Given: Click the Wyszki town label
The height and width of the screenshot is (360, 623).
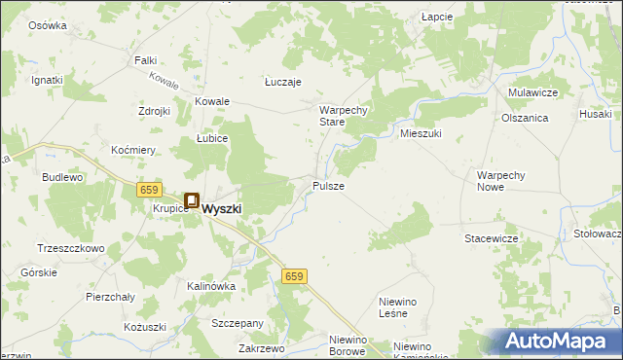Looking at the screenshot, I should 222,207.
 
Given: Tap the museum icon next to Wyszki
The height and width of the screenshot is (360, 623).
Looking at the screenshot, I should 192,201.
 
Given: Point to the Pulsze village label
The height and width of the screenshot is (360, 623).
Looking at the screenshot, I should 328,185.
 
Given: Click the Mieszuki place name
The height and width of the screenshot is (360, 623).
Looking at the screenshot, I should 421,133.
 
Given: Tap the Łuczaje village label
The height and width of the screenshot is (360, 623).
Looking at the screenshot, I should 283,83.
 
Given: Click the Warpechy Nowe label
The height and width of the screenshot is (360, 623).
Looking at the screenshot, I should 501,181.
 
